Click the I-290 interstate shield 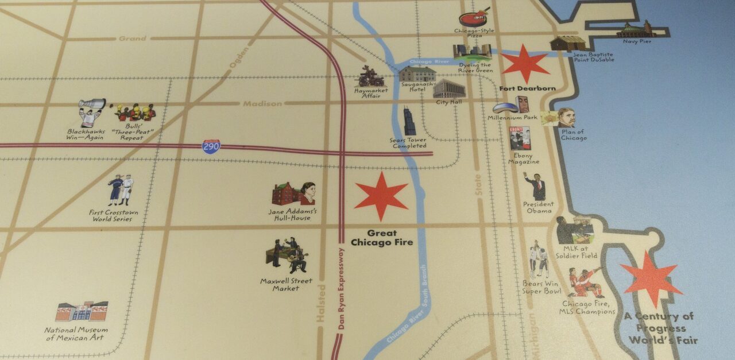(211, 146)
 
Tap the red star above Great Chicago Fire (381, 196)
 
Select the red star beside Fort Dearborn (525, 63)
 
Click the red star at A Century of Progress (651, 277)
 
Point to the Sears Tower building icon (409, 121)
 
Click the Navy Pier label (637, 41)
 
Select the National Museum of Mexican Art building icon (82, 311)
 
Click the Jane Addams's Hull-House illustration (293, 194)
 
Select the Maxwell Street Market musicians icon (287, 256)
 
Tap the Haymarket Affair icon (372, 76)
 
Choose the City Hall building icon (449, 89)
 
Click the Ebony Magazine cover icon (520, 138)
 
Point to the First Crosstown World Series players (121, 190)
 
